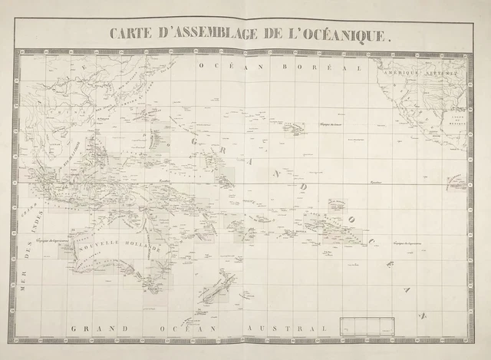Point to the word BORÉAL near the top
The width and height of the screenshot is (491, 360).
point(321,68)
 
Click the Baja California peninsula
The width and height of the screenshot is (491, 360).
point(407,115)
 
